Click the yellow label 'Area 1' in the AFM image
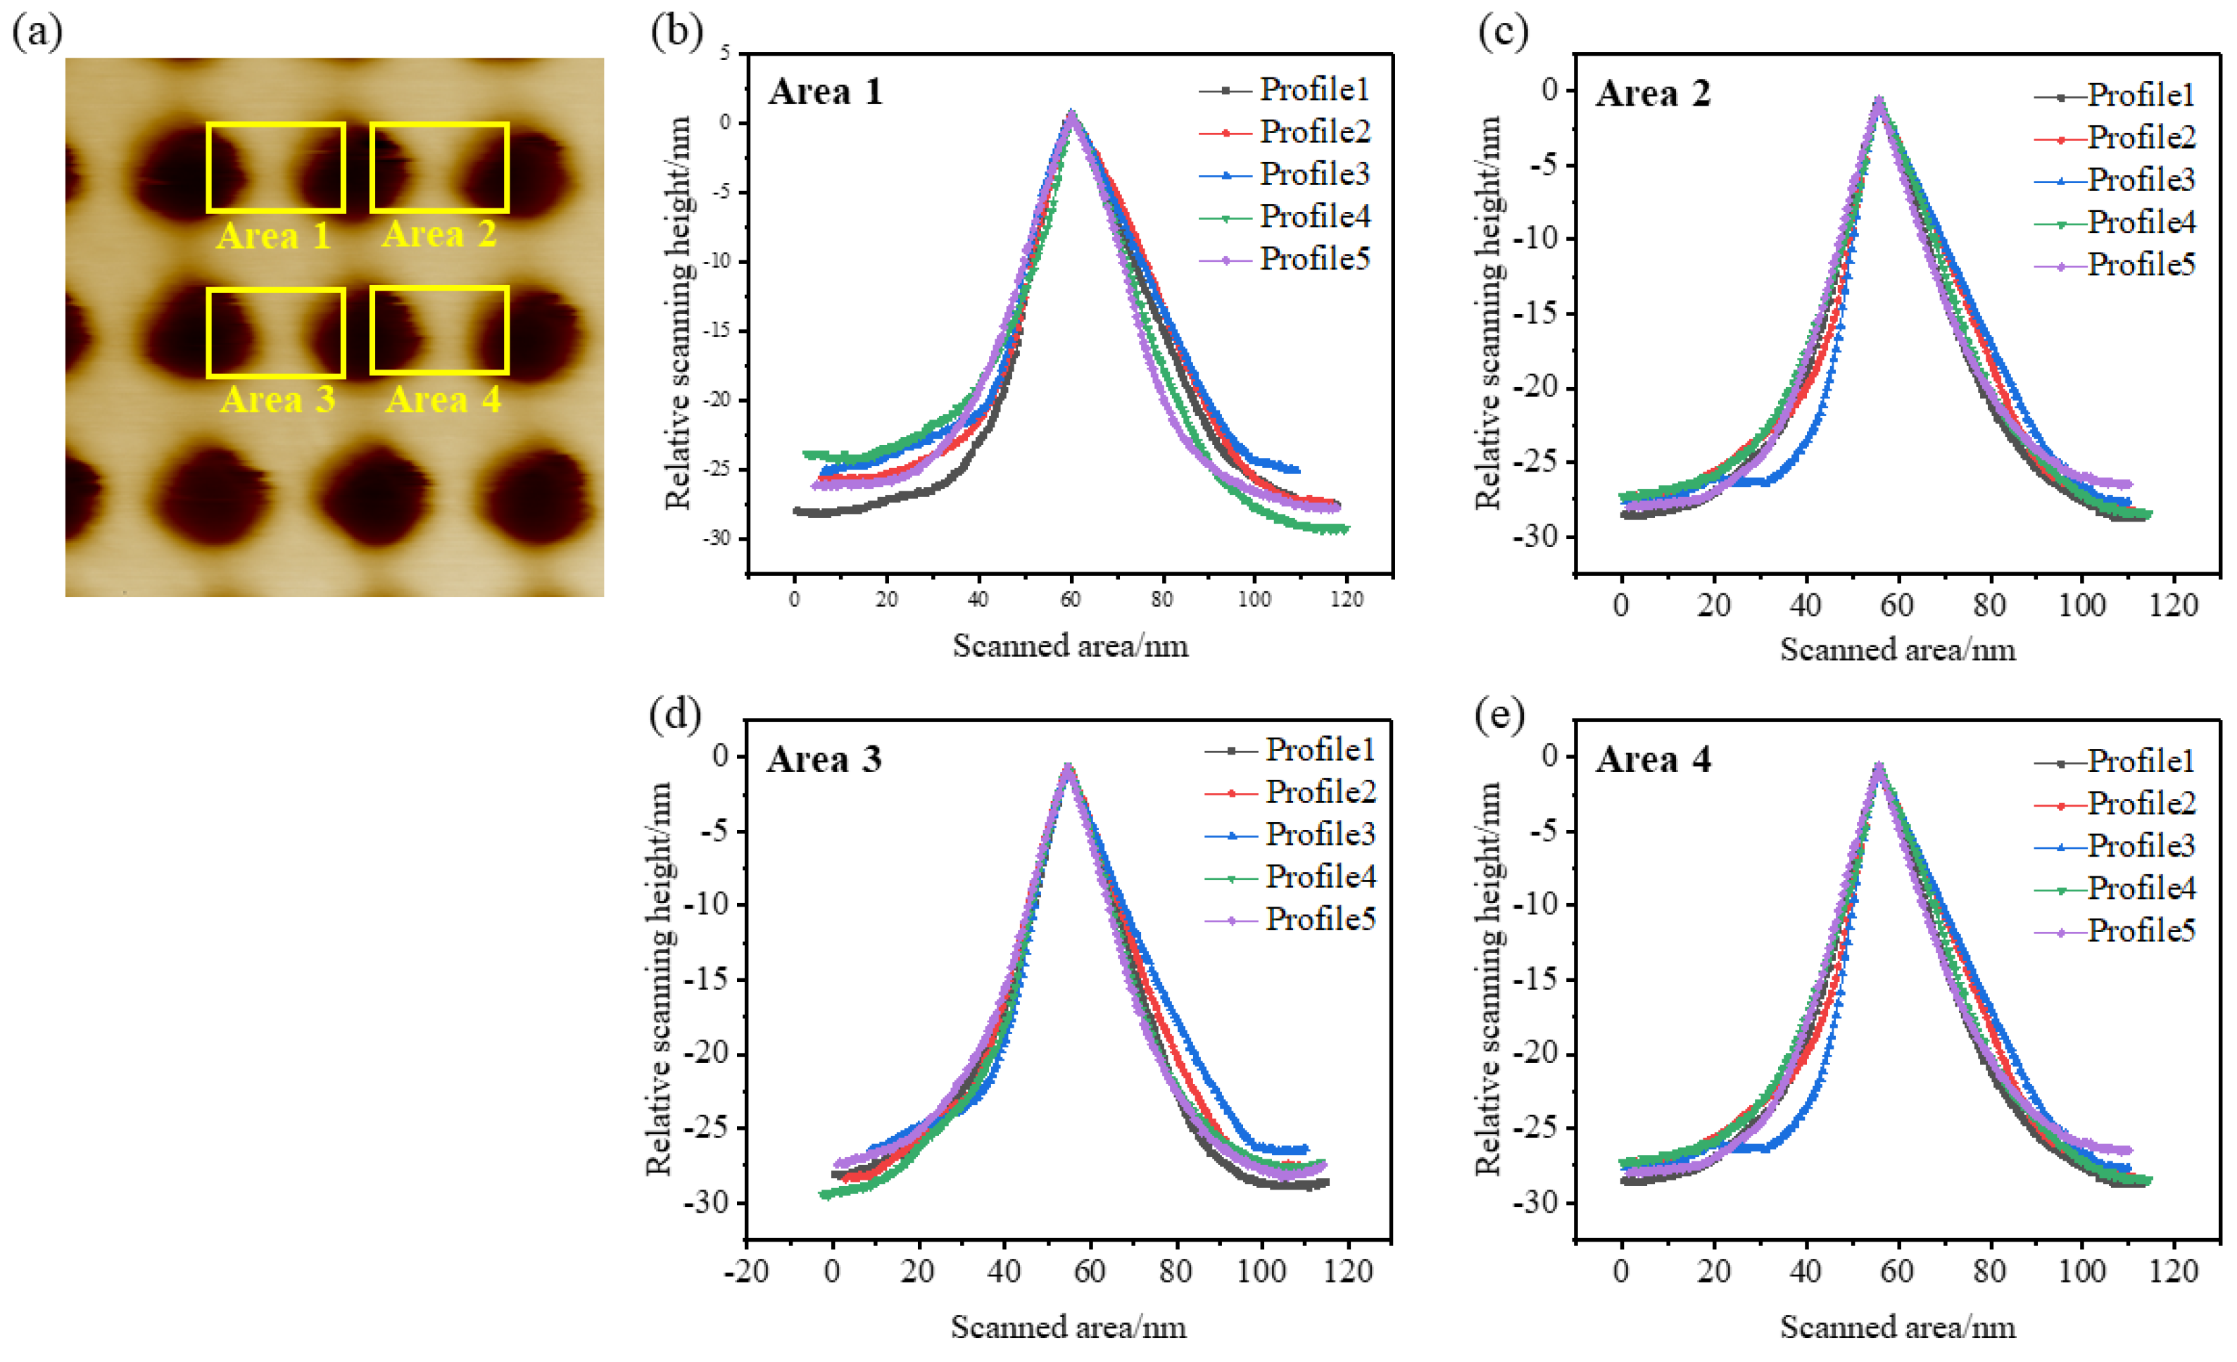point(273,236)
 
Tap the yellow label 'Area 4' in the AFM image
point(442,400)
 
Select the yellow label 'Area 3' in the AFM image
point(277,400)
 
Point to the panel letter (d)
point(674,714)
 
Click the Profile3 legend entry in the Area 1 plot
point(1313,175)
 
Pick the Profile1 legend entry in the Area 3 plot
point(1319,750)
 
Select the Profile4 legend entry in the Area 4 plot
point(2140,888)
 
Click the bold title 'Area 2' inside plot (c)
point(1652,94)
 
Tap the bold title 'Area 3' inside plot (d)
point(824,759)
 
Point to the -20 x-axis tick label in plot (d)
point(746,1271)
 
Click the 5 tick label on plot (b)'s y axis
point(724,53)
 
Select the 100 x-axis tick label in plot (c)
point(2081,605)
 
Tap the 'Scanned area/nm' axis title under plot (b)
point(1069,646)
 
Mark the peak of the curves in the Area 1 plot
point(1071,115)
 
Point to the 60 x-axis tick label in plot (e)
point(1896,1271)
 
